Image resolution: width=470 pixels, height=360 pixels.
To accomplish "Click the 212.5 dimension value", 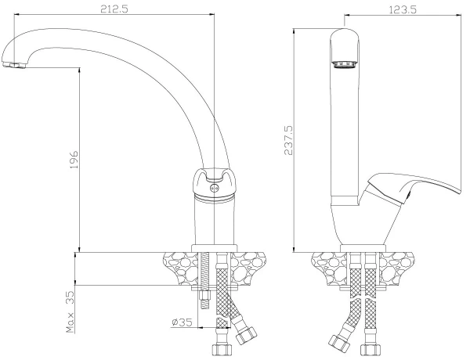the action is coord(114,9).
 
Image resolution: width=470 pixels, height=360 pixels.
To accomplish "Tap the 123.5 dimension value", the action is coord(403,10).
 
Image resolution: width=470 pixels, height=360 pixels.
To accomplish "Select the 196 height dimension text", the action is coord(74,159).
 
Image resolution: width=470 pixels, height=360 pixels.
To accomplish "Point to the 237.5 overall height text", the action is coord(288,140).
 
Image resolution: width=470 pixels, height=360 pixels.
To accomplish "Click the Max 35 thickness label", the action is coord(70,311).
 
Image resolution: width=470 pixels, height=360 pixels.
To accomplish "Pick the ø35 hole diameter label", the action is coord(182,322).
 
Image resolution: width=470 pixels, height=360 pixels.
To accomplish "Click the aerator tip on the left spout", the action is coord(14,65).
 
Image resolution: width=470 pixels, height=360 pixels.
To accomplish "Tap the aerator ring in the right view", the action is coord(345,64).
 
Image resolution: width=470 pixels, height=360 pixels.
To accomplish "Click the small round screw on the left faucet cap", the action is coord(214,188).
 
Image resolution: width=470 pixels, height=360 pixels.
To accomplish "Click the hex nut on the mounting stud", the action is coord(204,296).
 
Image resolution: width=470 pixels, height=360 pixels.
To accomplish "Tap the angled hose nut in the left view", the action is coord(246,336).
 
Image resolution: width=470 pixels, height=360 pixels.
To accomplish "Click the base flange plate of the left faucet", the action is coord(215,248).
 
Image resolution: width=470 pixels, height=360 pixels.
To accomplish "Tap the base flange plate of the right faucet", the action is coord(363,248).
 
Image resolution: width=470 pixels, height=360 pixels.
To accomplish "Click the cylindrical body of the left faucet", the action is coord(215,221).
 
